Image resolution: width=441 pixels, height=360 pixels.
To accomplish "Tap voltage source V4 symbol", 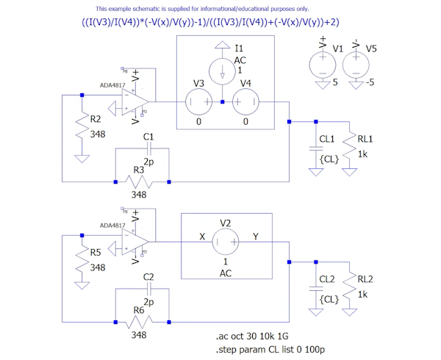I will (x=246, y=101).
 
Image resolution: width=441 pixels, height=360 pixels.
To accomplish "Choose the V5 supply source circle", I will (x=355, y=67).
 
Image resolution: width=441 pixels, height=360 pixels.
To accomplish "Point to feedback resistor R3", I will (x=142, y=181).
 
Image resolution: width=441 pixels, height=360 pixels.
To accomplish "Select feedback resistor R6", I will (x=142, y=322).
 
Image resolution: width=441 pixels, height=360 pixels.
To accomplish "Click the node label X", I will (x=202, y=236).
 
